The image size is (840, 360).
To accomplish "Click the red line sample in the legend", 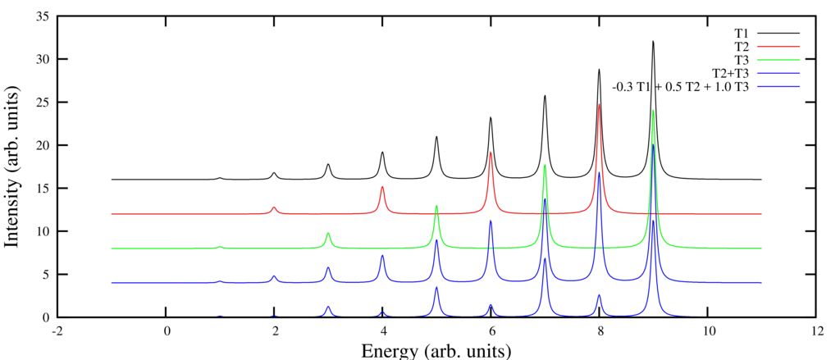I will [778, 47].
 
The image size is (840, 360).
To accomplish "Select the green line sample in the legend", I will [778, 60].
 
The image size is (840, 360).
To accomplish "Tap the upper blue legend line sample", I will [778, 74].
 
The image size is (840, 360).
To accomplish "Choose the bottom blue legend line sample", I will [778, 86].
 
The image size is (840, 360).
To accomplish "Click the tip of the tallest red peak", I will [599, 104].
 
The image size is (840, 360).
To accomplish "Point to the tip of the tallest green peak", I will [653, 111].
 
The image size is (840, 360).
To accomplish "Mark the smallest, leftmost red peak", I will [274, 207].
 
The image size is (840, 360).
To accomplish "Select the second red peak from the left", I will [382, 187].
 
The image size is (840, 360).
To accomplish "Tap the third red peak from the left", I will [491, 152].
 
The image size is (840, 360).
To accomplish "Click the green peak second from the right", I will [545, 166].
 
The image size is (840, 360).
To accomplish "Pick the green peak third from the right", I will [436, 206].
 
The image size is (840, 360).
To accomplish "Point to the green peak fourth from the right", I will [328, 234].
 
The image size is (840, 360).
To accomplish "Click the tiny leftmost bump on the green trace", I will [220, 246].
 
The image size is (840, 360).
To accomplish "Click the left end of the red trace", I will [111, 214].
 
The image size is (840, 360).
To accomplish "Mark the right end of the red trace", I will [762, 214].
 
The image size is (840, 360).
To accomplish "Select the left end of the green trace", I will [111, 248].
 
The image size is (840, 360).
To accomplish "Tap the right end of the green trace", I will [762, 248].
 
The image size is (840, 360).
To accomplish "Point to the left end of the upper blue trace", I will [111, 282].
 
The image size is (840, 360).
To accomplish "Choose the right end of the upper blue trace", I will [762, 282].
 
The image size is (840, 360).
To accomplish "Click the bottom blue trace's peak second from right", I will [599, 295].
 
